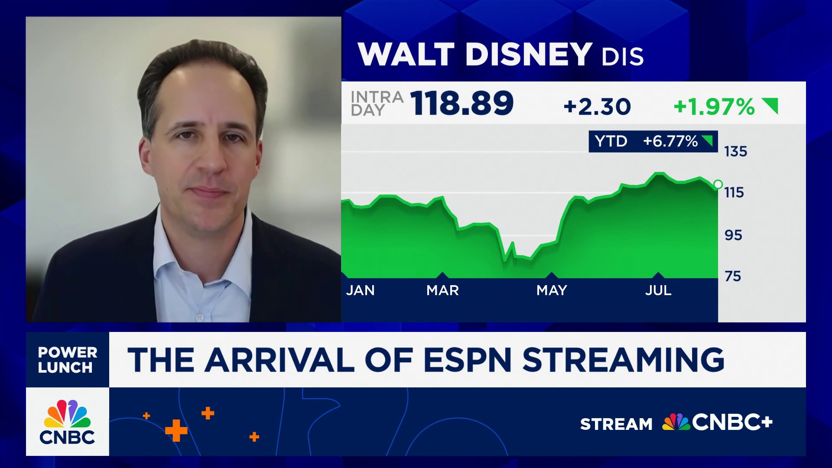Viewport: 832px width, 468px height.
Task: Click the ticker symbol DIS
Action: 622,57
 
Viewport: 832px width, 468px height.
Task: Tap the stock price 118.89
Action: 461,104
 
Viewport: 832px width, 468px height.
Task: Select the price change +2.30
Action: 597,107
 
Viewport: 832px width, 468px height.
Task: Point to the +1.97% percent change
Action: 714,107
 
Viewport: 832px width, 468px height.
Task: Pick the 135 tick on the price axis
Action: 735,152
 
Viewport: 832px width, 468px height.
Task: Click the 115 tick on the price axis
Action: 734,192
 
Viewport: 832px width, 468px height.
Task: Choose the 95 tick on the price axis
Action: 733,235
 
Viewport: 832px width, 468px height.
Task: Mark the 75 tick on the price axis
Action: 733,276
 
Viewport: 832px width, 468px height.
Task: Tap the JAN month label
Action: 360,290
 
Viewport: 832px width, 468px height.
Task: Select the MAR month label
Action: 442,290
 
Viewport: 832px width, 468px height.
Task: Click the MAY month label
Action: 552,290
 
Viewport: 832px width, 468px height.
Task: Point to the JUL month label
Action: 658,290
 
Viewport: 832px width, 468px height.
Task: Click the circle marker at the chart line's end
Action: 718,185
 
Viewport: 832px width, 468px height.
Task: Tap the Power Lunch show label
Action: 67,360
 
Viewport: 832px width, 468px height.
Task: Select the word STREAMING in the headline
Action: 623,360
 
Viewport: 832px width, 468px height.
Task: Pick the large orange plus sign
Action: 176,430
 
